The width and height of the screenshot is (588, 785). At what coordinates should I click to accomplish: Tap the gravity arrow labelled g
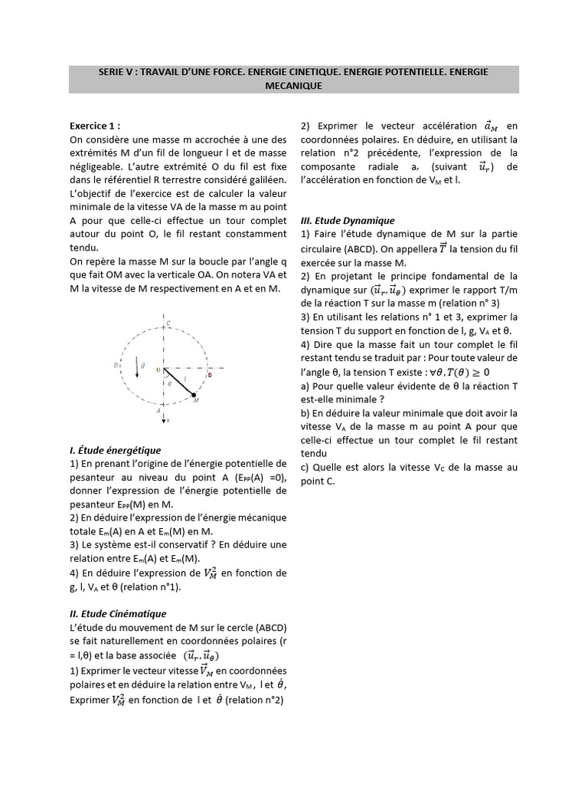pyautogui.click(x=138, y=367)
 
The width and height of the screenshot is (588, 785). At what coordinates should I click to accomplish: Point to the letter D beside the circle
pyautogui.click(x=116, y=366)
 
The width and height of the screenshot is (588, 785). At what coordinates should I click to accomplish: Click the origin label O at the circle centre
pyautogui.click(x=158, y=370)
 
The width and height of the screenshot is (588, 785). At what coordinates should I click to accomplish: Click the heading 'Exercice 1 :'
pyautogui.click(x=95, y=126)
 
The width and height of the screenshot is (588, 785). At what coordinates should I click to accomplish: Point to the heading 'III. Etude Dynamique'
pyautogui.click(x=348, y=221)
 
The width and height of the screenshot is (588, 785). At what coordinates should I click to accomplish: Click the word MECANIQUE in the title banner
pyautogui.click(x=294, y=86)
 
